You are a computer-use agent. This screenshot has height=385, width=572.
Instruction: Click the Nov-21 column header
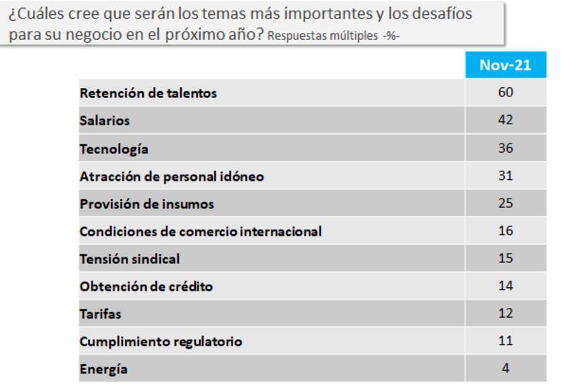click(505, 65)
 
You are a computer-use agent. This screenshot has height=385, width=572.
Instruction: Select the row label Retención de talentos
click(148, 93)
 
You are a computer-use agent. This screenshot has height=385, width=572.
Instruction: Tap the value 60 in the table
click(506, 92)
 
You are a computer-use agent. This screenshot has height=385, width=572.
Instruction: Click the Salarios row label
click(104, 121)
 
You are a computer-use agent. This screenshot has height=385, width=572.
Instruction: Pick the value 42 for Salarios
click(506, 120)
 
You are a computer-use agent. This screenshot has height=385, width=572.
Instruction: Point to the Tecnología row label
click(114, 149)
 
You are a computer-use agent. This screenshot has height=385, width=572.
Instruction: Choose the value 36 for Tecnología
click(506, 148)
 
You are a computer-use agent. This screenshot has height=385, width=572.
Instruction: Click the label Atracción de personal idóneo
click(172, 176)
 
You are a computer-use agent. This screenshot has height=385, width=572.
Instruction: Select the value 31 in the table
click(506, 176)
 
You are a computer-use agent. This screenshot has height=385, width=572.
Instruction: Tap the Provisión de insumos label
click(147, 204)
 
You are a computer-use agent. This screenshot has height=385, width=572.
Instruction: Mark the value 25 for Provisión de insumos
click(506, 204)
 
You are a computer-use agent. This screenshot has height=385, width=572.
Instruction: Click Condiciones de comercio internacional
click(200, 231)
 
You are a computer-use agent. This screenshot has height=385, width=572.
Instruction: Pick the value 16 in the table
click(506, 231)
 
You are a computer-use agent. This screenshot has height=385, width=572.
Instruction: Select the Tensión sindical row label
click(129, 259)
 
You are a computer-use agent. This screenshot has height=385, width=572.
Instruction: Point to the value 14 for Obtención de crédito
click(506, 286)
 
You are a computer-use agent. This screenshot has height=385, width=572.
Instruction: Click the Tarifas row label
click(100, 314)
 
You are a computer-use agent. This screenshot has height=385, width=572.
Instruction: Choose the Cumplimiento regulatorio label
click(161, 342)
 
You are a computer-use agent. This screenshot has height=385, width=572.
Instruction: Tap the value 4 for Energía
click(506, 369)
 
